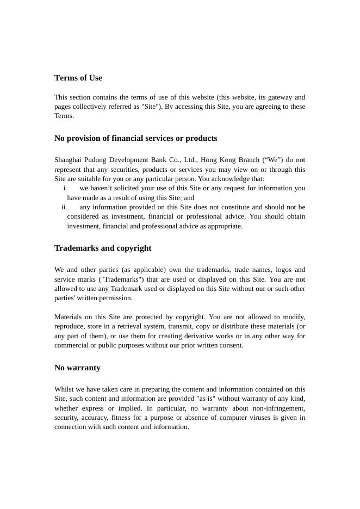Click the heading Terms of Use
tap(78, 78)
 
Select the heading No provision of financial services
tap(135, 138)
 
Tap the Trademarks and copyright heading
tap(103, 248)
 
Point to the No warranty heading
tap(77, 368)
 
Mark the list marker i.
tap(65, 188)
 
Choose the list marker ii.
tap(64, 207)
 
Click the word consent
tap(231, 345)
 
